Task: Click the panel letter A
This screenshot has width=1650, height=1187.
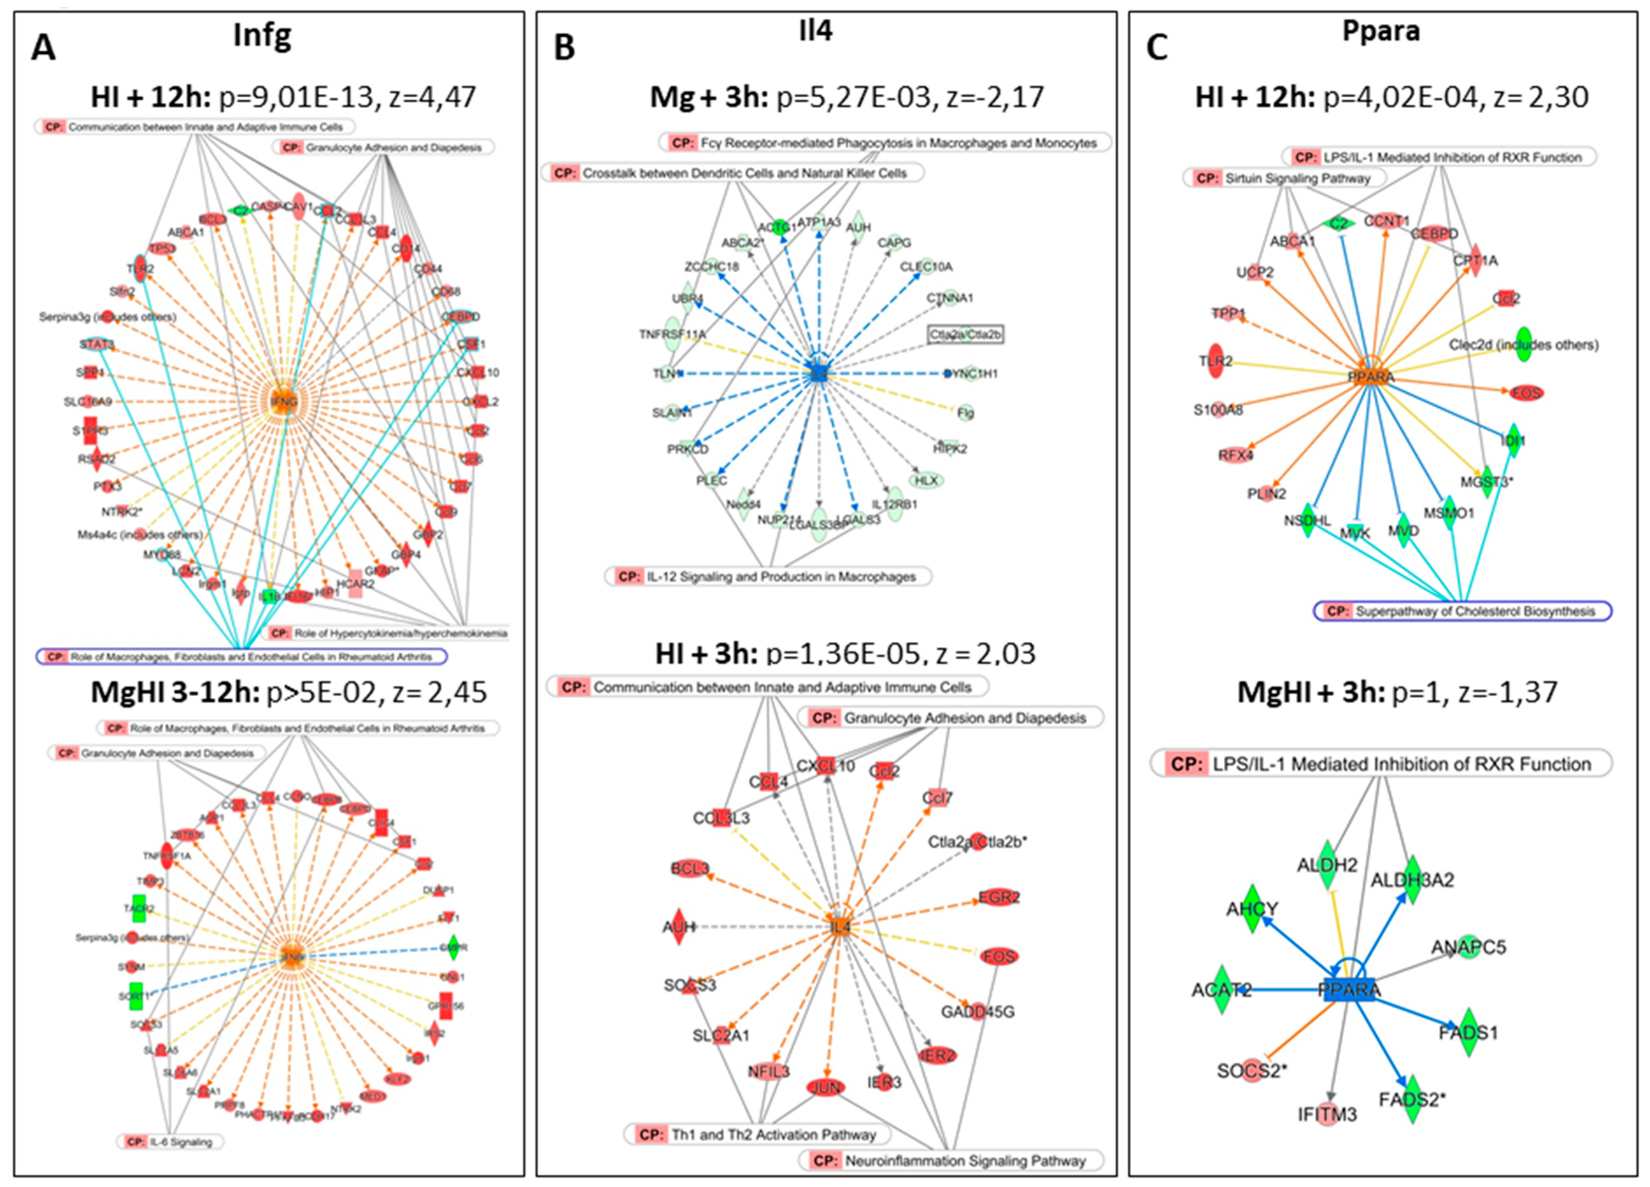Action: point(44,49)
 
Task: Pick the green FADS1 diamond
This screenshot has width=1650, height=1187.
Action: point(1468,1032)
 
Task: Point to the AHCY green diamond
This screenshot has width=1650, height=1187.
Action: point(1252,909)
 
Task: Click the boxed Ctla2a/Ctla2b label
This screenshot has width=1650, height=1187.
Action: point(966,334)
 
